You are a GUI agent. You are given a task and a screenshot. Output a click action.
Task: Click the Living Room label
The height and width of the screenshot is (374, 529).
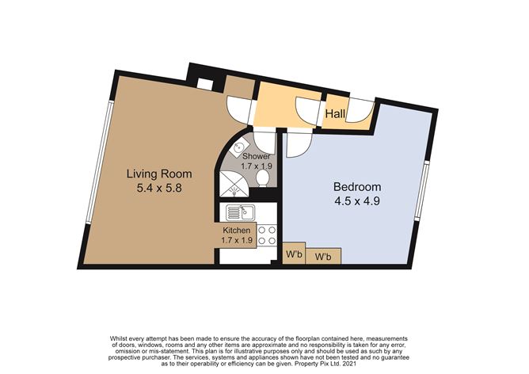159,174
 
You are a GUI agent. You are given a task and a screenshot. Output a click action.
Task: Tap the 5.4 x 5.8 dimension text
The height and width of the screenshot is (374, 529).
159,188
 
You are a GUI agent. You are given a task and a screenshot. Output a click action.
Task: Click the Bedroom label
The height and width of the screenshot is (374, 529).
357,187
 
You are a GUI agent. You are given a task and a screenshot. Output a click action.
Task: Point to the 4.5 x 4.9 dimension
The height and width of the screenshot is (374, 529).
357,201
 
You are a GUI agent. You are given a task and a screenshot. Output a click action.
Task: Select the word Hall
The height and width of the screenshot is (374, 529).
335,114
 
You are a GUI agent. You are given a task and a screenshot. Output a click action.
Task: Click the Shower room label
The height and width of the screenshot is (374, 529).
257,157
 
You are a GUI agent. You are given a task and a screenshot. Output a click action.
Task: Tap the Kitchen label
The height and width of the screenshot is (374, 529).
237,231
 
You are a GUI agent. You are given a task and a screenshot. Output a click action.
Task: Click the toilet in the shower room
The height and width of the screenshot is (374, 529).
262,177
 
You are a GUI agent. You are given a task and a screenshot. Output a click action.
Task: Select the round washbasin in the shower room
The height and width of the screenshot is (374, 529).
240,147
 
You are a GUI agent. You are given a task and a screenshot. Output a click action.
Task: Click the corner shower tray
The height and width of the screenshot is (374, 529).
233,185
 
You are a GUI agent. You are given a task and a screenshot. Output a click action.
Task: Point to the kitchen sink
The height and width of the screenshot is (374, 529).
241,212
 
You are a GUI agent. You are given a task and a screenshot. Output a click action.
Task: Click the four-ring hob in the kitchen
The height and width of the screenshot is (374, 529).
267,235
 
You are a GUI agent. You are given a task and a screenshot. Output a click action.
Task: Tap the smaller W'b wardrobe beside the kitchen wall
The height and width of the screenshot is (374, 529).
294,253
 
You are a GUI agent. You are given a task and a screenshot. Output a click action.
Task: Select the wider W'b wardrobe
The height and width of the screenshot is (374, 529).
323,256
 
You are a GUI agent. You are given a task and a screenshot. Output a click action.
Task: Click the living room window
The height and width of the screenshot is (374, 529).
98,162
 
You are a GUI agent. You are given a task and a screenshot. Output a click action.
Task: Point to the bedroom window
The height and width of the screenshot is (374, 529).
422,191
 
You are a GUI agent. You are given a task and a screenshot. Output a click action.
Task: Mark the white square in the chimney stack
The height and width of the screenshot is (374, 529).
205,84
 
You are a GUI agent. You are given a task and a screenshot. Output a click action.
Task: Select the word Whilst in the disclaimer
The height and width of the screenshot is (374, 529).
117,338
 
